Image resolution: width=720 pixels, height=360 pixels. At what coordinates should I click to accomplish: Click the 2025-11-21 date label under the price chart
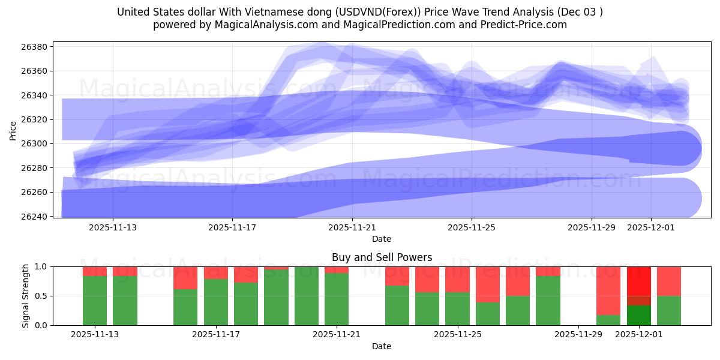click(x=352, y=228)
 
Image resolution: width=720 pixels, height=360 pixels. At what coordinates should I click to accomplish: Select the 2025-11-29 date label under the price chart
click(x=592, y=228)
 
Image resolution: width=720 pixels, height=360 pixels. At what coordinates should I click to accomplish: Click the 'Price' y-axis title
click(x=13, y=130)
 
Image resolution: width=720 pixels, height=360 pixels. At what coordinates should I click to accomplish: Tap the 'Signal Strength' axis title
click(x=26, y=296)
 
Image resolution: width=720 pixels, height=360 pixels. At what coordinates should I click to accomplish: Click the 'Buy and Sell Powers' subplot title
click(x=382, y=257)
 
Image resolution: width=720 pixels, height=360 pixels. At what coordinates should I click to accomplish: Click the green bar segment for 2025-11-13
click(x=95, y=300)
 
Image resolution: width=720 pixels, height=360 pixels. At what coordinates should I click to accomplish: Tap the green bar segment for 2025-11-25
click(x=458, y=308)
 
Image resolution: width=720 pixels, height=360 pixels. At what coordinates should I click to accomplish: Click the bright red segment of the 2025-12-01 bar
click(x=639, y=280)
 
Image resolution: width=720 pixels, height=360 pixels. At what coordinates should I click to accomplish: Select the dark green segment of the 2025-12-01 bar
click(x=639, y=315)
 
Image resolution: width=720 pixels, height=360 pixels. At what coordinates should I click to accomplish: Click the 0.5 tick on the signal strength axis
click(x=41, y=296)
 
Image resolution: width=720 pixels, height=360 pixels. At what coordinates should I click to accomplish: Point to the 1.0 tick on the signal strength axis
click(x=41, y=266)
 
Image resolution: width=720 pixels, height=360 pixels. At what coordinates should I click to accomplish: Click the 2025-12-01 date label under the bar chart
click(x=639, y=335)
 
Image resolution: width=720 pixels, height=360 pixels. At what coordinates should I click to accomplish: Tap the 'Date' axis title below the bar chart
click(x=382, y=346)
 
